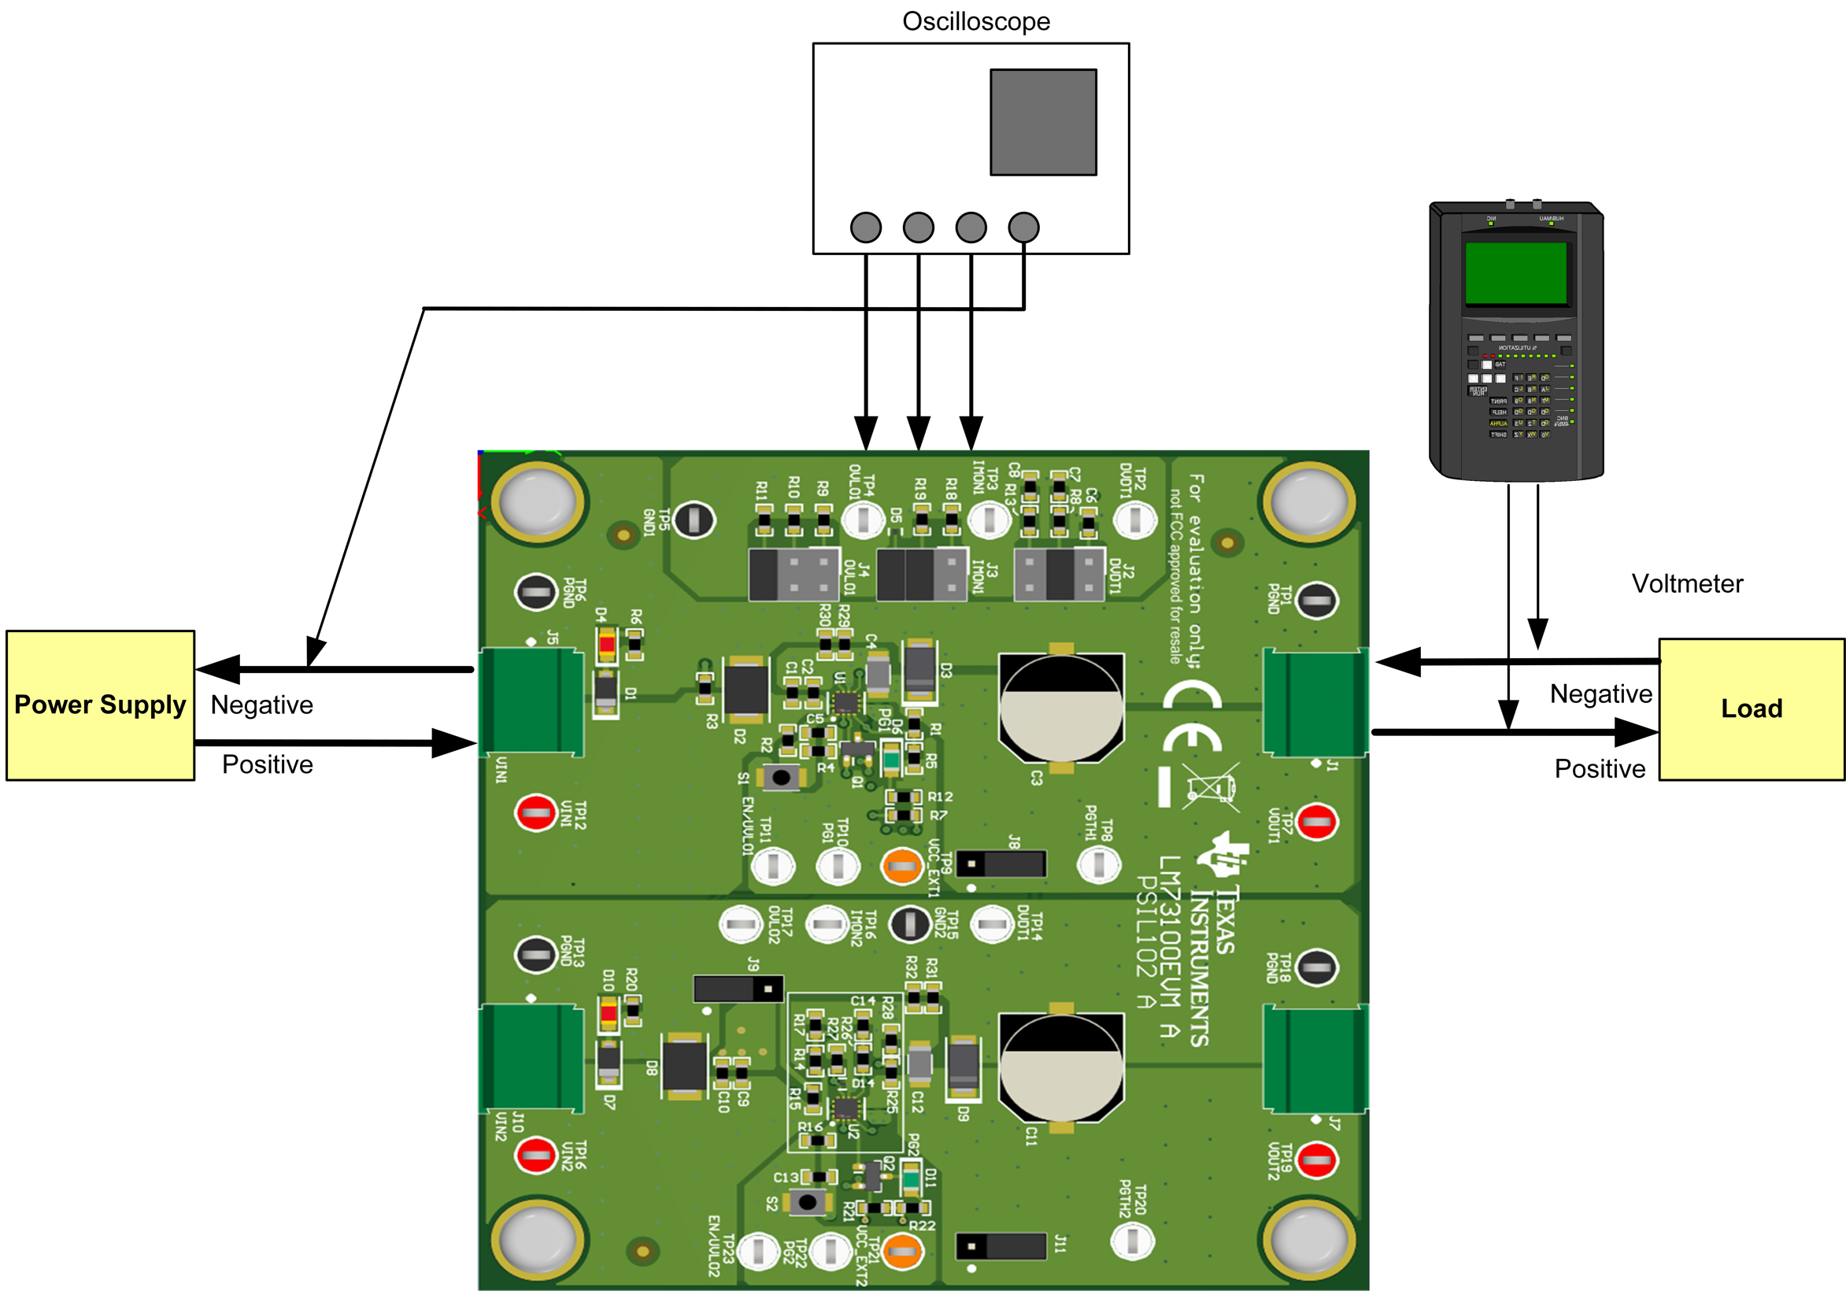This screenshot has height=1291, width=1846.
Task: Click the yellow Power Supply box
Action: [100, 705]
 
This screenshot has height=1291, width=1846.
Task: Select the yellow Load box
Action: [1751, 709]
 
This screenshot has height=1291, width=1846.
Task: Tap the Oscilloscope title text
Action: [975, 21]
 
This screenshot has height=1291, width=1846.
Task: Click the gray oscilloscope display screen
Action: [1043, 122]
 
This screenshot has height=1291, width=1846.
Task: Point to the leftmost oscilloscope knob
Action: [865, 227]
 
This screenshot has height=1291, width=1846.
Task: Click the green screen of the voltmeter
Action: [1515, 273]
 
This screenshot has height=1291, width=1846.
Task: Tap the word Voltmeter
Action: [1687, 583]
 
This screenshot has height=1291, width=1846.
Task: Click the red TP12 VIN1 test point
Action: [535, 812]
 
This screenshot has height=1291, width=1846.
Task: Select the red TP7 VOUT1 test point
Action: [1316, 822]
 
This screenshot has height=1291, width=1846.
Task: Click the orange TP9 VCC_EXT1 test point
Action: [901, 866]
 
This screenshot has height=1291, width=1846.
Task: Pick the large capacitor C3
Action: [1060, 708]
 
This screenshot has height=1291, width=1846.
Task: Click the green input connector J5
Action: [531, 701]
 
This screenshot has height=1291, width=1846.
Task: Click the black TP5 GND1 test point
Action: [693, 520]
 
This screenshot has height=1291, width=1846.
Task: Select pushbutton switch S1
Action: [781, 777]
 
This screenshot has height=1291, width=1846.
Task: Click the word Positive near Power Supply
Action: [267, 764]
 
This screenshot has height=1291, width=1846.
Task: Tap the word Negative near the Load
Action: [1600, 694]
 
